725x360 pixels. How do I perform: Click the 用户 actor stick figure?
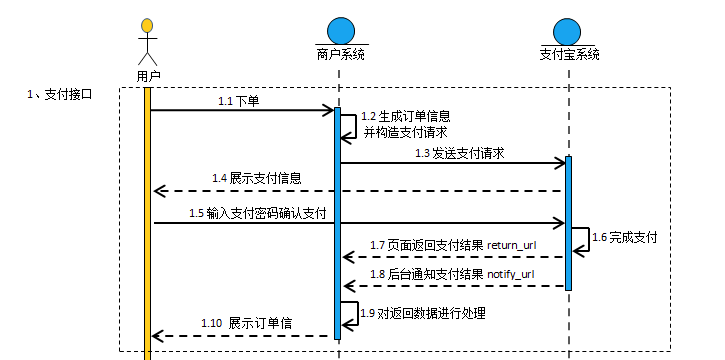(x=148, y=41)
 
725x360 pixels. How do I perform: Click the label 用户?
(x=148, y=75)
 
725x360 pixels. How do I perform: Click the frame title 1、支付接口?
(x=59, y=94)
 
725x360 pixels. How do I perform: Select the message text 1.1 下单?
(x=238, y=101)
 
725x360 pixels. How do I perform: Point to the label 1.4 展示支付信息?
(x=257, y=178)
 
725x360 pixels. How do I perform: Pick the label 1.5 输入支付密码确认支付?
(x=258, y=213)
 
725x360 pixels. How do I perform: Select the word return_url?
(x=514, y=245)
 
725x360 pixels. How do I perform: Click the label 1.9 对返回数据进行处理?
(x=423, y=313)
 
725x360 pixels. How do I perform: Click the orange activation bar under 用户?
(x=148, y=220)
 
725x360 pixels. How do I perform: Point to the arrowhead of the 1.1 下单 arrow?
(x=328, y=110)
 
